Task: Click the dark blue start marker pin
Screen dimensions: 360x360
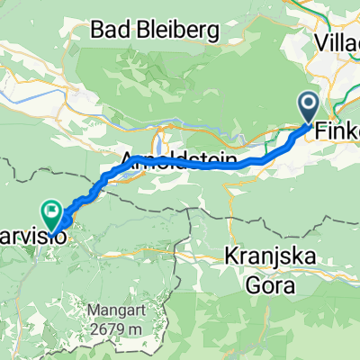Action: click(x=307, y=108)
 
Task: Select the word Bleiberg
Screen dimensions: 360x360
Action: click(x=179, y=31)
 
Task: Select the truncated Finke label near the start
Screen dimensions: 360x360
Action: click(x=337, y=130)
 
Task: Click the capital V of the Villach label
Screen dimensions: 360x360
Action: click(x=322, y=41)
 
